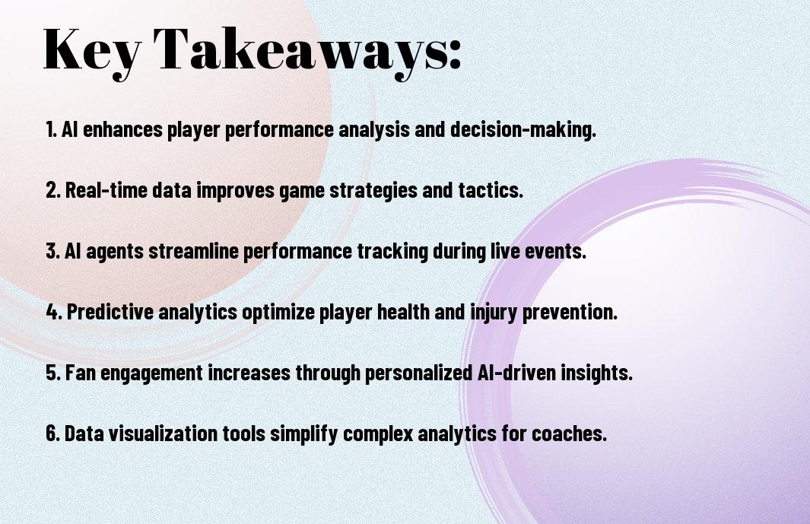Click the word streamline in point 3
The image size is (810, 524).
193,251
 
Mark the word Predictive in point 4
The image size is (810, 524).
110,312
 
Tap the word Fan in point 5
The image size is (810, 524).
81,373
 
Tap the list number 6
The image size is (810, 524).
52,433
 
